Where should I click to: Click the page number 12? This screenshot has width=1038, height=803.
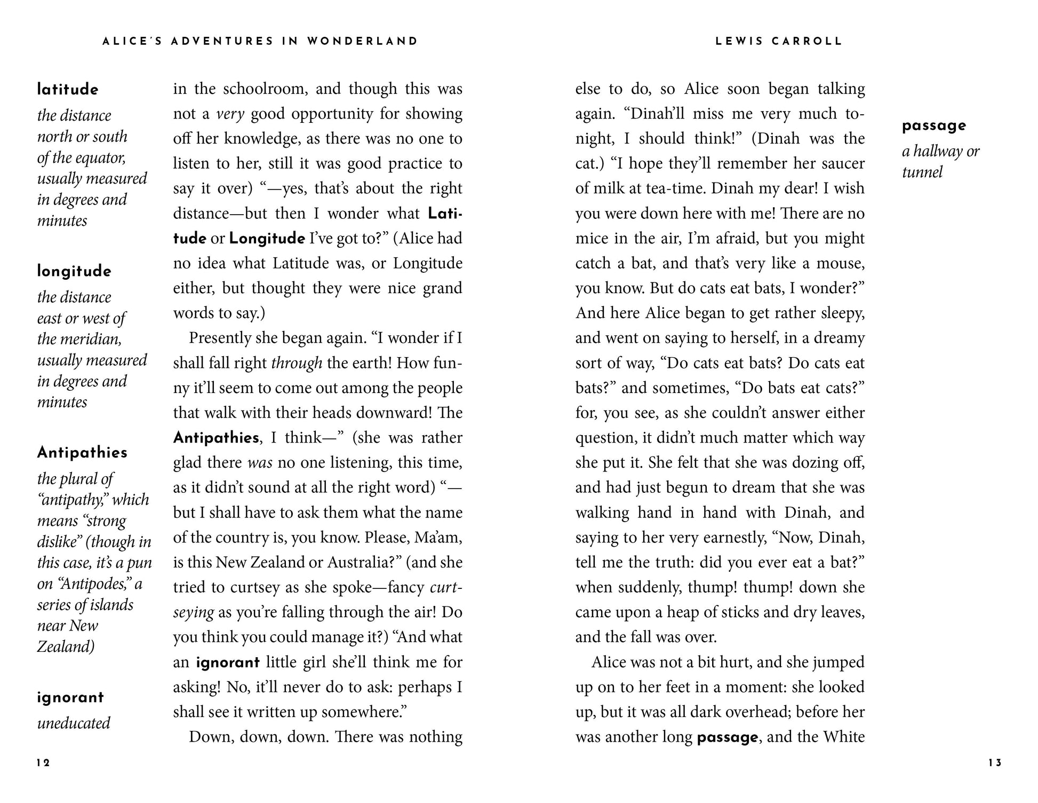[x=43, y=763]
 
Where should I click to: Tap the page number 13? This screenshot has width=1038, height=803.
[x=995, y=763]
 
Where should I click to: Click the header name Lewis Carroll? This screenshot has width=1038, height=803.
[x=779, y=41]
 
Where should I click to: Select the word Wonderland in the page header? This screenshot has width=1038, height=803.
[x=363, y=41]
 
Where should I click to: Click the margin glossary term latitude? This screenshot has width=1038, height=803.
[x=68, y=90]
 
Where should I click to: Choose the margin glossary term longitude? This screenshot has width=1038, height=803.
[x=74, y=271]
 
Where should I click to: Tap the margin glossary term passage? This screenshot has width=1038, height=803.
[x=934, y=126]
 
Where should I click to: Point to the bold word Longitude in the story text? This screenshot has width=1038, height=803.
[x=267, y=238]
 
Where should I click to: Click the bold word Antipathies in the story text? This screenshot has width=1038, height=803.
[x=216, y=438]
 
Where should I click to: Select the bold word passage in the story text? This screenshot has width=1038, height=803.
[x=727, y=737]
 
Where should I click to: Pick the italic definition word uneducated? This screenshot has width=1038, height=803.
[x=74, y=723]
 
